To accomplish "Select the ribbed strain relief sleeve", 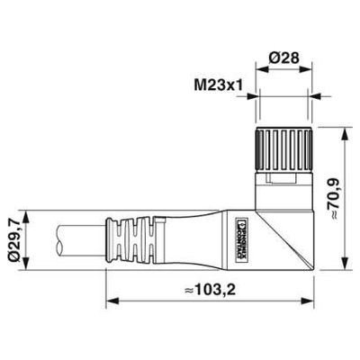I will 134,238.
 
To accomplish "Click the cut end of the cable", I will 59,238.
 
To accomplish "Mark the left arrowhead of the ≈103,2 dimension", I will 110,299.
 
